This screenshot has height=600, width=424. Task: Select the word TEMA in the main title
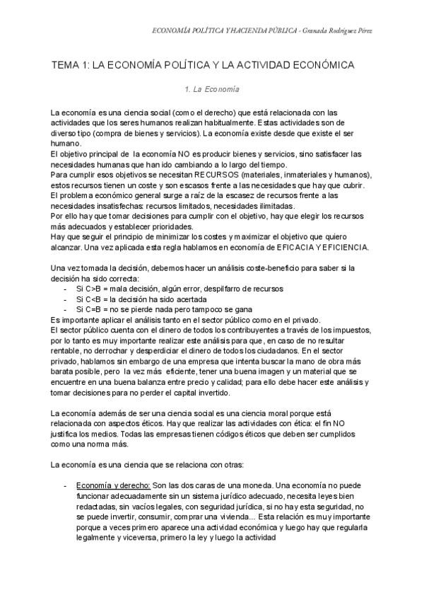[65, 65]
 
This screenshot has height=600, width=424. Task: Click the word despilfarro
[213, 289]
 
